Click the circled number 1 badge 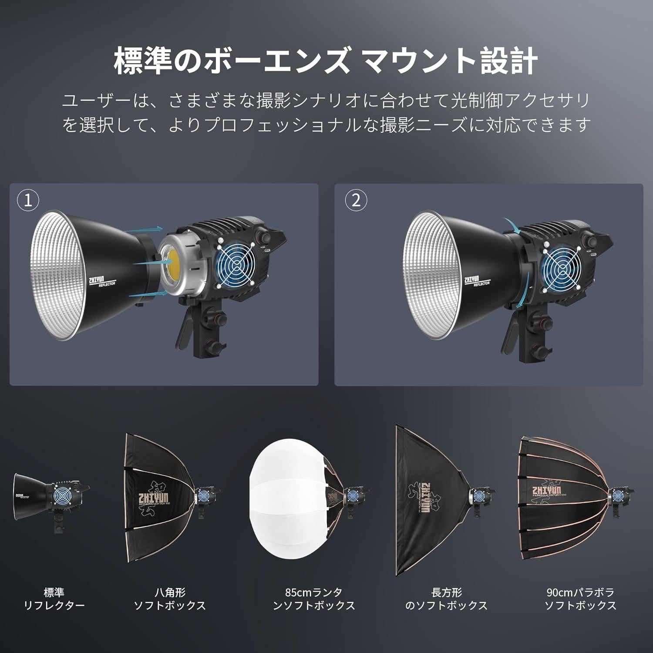[x=28, y=201]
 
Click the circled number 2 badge [x=356, y=201]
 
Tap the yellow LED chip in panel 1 [x=173, y=262]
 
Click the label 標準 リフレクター [x=54, y=599]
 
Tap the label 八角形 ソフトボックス [x=169, y=599]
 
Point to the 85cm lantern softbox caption [x=313, y=599]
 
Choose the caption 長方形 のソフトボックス [x=446, y=599]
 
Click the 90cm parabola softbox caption [x=580, y=599]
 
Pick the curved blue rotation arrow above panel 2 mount [x=513, y=225]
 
